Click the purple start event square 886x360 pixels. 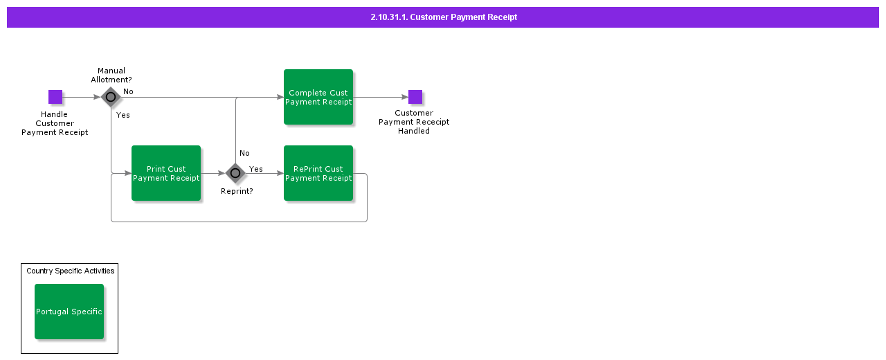(55, 97)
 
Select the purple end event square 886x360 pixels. (415, 97)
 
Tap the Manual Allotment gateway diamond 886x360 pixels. (111, 97)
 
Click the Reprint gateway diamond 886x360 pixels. (235, 173)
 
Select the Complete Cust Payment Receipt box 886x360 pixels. (318, 97)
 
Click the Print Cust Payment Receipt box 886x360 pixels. (166, 173)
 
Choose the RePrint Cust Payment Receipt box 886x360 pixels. (318, 173)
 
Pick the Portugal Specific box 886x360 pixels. (69, 312)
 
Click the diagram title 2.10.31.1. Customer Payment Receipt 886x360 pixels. (444, 17)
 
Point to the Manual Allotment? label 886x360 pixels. (111, 75)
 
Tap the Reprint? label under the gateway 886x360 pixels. (237, 191)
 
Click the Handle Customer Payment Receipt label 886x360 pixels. (55, 123)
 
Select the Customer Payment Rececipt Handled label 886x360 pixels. (414, 122)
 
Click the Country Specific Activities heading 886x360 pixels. (71, 271)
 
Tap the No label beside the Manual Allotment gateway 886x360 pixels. (128, 91)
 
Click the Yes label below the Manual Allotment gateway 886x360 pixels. (123, 115)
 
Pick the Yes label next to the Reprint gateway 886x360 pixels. (256, 169)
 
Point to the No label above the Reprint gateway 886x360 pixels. (244, 153)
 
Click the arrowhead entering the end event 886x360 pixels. (405, 97)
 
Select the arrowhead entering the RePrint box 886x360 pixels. (280, 173)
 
